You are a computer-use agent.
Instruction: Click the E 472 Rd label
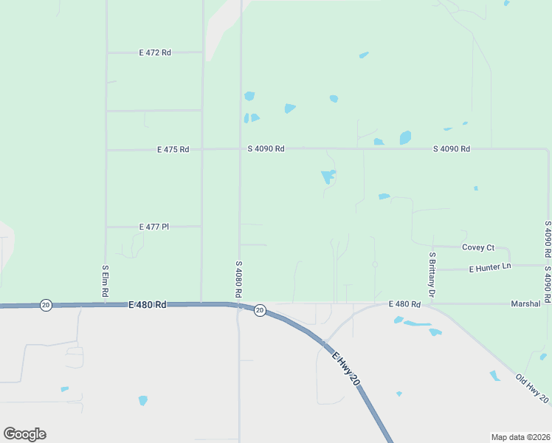click(x=155, y=52)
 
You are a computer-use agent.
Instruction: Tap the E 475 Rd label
click(x=173, y=149)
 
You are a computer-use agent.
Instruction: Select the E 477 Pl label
click(x=154, y=227)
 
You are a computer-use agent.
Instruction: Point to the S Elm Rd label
click(x=106, y=282)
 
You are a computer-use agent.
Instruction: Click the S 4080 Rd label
click(x=238, y=278)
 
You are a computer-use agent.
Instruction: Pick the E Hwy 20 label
click(x=345, y=367)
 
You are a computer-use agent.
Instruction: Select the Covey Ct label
click(x=477, y=247)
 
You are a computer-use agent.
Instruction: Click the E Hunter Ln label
click(x=490, y=267)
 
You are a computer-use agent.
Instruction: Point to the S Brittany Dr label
click(x=432, y=275)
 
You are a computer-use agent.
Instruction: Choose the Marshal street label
click(x=526, y=303)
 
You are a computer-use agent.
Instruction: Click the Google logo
click(x=24, y=434)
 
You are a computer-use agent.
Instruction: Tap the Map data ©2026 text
click(x=520, y=436)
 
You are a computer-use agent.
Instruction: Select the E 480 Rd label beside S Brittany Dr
click(x=404, y=304)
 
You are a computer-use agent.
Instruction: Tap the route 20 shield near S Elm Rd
click(x=46, y=305)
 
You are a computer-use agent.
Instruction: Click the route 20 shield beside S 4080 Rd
click(x=260, y=311)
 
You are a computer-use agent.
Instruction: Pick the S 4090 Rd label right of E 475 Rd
click(x=266, y=148)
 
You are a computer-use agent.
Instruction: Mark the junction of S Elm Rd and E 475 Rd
click(x=107, y=150)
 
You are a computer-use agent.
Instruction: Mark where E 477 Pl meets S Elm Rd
click(x=107, y=227)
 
